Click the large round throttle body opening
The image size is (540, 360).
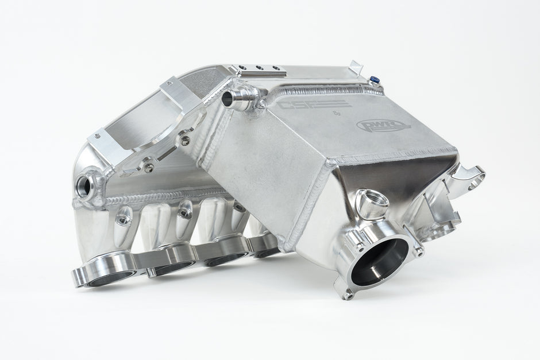[x=383, y=261]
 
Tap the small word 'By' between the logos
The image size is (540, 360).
[x=336, y=114]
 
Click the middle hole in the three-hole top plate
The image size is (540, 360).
[x=260, y=68]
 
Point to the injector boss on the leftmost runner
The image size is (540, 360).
[x=124, y=216]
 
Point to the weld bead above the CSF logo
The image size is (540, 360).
[x=322, y=91]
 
